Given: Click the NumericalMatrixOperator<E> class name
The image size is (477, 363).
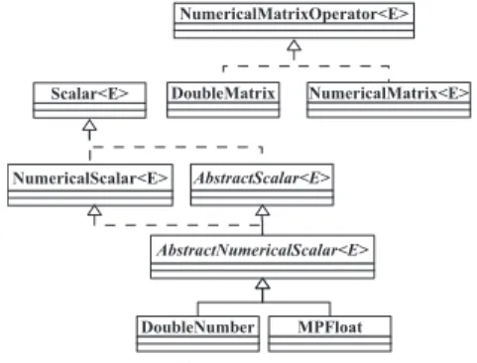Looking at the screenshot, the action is click(x=295, y=14).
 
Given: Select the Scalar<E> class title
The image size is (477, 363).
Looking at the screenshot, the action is click(x=89, y=93).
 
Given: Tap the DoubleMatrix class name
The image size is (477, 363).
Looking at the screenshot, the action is click(x=223, y=93).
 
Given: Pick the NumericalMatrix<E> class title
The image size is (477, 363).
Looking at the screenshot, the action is click(x=389, y=93).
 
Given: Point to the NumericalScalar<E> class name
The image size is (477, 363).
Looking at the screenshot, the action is click(x=90, y=179).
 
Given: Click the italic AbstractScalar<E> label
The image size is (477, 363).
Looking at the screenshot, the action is click(x=262, y=179).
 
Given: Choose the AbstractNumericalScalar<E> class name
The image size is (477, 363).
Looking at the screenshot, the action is click(x=263, y=250).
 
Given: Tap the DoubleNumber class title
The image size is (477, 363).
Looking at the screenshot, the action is click(x=198, y=327).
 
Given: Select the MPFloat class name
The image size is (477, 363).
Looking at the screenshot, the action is click(x=330, y=327).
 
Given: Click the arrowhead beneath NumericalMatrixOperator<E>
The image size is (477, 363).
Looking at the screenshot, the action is click(x=294, y=46).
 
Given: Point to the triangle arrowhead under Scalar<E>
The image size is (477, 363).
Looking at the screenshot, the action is click(x=89, y=125).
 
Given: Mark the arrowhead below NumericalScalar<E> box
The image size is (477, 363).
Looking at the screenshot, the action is click(x=94, y=210).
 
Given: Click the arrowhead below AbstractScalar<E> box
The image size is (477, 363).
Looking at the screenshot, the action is click(x=263, y=210).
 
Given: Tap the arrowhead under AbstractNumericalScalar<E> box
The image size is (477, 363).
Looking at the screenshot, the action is click(x=263, y=284).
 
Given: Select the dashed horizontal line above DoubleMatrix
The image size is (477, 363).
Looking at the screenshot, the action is click(x=306, y=66).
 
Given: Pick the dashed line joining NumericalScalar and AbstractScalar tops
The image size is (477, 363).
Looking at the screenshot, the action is click(x=176, y=147).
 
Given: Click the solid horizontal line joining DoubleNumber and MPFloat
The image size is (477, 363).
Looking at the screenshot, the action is click(x=264, y=302).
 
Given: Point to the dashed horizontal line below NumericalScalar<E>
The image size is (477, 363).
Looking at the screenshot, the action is click(x=179, y=225).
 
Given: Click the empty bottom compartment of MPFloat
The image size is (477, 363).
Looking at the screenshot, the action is click(x=330, y=346).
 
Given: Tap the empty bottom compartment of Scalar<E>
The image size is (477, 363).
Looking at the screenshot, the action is click(x=89, y=114).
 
